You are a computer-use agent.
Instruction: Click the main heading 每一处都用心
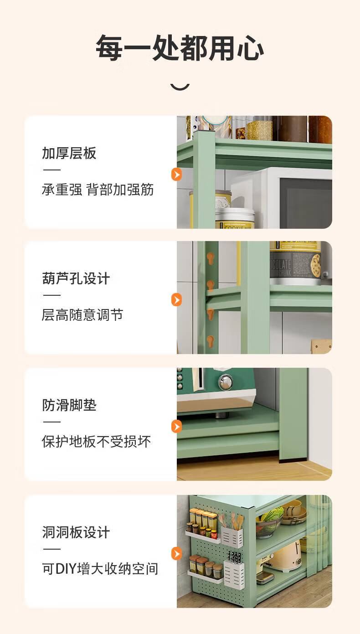pos(180,47)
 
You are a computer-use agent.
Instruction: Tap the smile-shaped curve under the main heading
pos(180,88)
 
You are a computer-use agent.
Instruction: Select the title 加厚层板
pos(69,153)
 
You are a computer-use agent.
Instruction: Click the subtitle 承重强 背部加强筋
pos(98,189)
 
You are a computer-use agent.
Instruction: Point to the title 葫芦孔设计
pos(76,278)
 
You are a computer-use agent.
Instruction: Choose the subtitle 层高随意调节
pos(82,315)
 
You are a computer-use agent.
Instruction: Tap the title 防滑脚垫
pos(69,405)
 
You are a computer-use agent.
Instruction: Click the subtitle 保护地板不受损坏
pos(96,441)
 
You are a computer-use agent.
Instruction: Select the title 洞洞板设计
pos(76,532)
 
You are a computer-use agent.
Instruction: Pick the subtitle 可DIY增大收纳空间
pos(100,569)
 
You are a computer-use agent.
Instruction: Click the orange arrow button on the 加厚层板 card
pos(177,175)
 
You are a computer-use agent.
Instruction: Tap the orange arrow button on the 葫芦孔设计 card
pos(177,300)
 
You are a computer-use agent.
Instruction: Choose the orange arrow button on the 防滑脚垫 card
pos(177,426)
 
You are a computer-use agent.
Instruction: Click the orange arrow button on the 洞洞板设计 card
pos(177,554)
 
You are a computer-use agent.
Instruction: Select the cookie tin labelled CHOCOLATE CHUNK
pos(295,263)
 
